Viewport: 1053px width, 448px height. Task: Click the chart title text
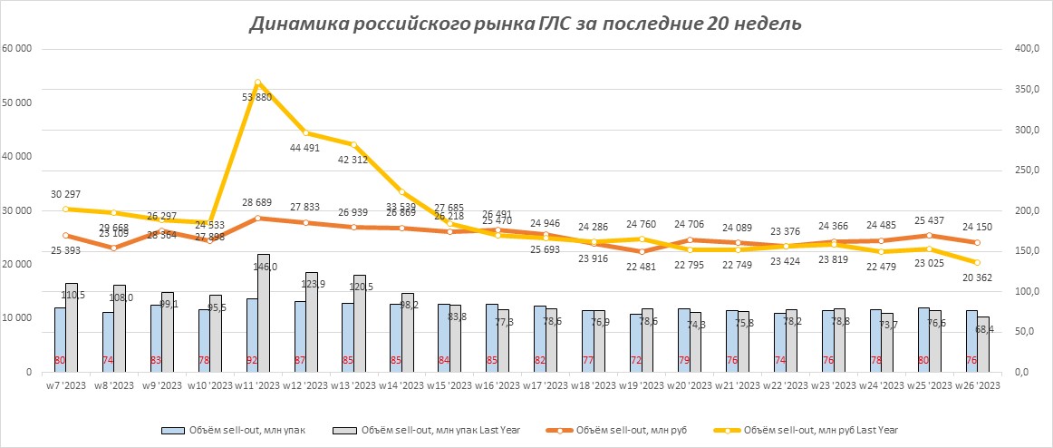pyautogui.click(x=526, y=24)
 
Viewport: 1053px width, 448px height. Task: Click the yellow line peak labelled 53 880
pyautogui.click(x=258, y=83)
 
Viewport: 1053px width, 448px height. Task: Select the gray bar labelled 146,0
pyautogui.click(x=264, y=313)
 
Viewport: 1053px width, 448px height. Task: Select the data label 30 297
pyautogui.click(x=65, y=192)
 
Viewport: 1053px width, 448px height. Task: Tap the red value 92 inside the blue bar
pyautogui.click(x=252, y=360)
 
